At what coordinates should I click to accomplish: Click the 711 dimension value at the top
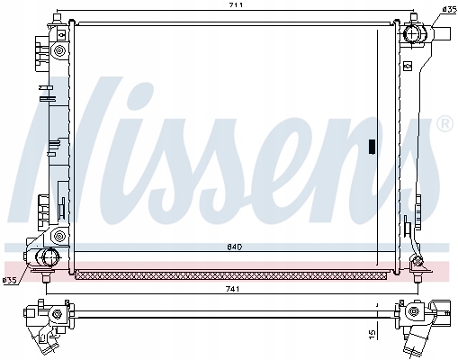(235, 4)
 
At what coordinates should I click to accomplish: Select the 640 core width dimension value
(235, 247)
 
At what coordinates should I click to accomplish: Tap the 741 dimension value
(232, 289)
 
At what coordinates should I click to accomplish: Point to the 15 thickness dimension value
(372, 333)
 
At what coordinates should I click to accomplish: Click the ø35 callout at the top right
(449, 9)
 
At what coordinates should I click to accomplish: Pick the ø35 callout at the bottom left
(9, 280)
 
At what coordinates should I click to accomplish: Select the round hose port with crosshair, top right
(413, 33)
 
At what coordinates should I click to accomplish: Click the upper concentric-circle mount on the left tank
(58, 50)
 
